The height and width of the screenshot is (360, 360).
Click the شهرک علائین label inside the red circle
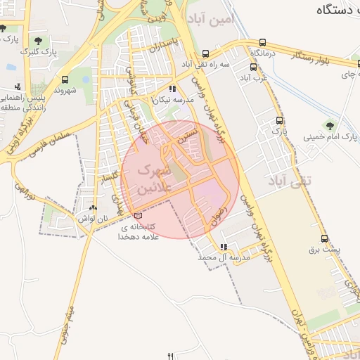coord(153,179)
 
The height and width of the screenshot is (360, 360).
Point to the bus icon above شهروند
coord(65,79)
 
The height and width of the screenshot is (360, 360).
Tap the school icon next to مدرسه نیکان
coord(172,89)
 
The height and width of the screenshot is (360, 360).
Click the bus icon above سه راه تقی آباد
coord(205,53)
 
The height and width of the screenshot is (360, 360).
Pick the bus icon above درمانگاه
coord(263,43)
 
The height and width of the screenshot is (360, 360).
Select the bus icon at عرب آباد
coord(253,67)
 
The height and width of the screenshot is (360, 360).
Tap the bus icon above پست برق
coord(323,238)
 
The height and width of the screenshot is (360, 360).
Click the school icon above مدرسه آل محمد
coord(224,247)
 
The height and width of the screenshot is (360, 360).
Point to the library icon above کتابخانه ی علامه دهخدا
coord(137,215)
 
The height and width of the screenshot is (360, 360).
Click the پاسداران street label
coord(176,44)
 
